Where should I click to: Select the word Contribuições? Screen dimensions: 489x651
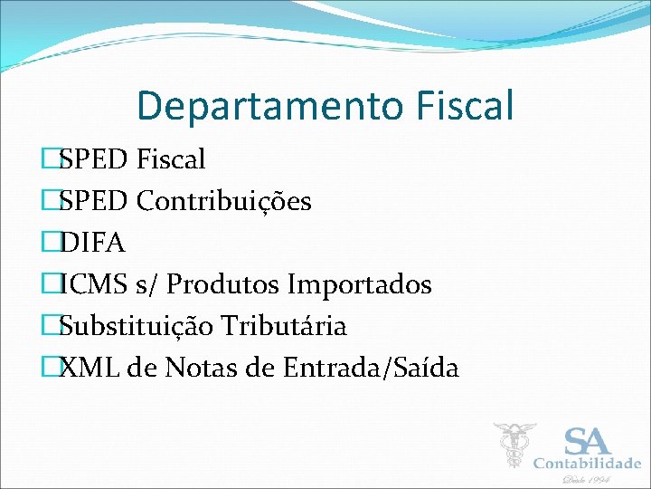[x=223, y=201]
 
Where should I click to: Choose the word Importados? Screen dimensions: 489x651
[x=360, y=284]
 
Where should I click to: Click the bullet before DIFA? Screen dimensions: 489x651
[x=51, y=243]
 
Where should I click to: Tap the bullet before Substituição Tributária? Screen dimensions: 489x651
[x=51, y=326]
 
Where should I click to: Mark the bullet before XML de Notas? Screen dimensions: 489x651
[x=51, y=368]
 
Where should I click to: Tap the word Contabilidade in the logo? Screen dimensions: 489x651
[x=587, y=464]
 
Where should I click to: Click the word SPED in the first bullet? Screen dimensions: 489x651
[x=94, y=159]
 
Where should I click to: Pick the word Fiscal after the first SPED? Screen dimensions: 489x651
[x=171, y=159]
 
